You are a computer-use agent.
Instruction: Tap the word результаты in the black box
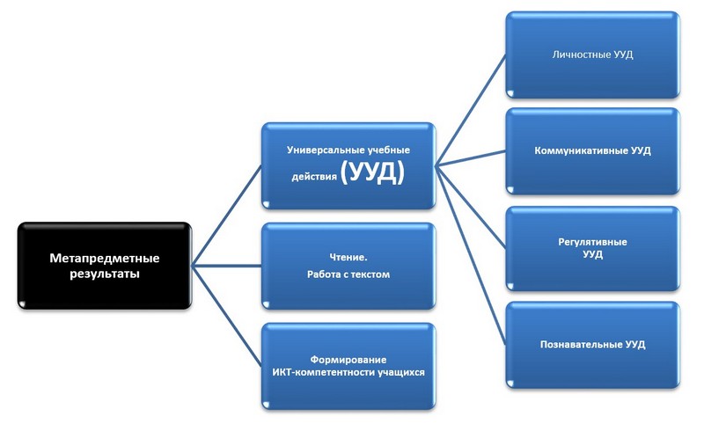(x=104, y=274)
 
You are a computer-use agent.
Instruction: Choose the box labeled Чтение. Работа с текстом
(x=348, y=266)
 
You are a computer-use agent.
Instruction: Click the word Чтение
(x=348, y=257)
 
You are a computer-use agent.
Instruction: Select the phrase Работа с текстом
(x=348, y=274)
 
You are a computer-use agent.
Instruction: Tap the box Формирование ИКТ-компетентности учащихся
(x=348, y=366)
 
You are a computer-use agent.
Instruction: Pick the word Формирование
(x=348, y=360)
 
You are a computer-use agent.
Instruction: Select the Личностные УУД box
(x=592, y=55)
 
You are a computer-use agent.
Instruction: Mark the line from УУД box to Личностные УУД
(x=471, y=108)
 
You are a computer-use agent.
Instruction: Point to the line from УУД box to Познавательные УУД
(x=471, y=252)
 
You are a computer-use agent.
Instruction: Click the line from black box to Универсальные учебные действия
(x=227, y=216)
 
